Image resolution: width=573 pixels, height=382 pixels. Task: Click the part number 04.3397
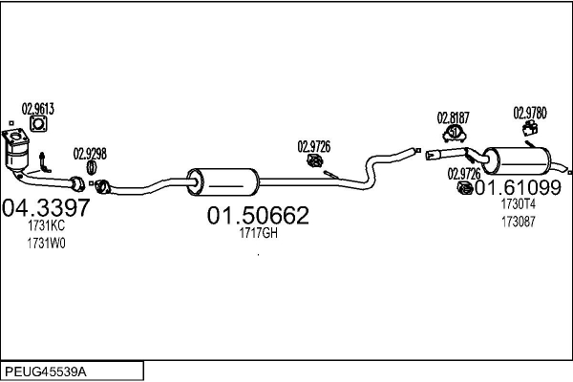(47, 206)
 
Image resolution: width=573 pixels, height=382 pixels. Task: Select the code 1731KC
(46, 226)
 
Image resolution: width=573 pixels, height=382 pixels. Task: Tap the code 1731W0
(46, 243)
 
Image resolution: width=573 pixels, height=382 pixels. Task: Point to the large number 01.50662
(258, 216)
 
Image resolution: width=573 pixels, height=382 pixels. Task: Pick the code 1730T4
(519, 203)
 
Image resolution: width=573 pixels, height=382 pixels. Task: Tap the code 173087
(519, 221)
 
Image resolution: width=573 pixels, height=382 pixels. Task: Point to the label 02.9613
(38, 108)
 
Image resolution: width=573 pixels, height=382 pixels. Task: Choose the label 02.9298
(91, 153)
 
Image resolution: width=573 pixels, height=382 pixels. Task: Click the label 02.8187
(454, 117)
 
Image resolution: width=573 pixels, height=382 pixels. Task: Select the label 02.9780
(529, 111)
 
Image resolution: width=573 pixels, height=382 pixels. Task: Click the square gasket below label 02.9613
(38, 124)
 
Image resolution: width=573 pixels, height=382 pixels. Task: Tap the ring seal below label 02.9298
(92, 168)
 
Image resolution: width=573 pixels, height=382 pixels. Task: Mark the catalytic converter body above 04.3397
(17, 153)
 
